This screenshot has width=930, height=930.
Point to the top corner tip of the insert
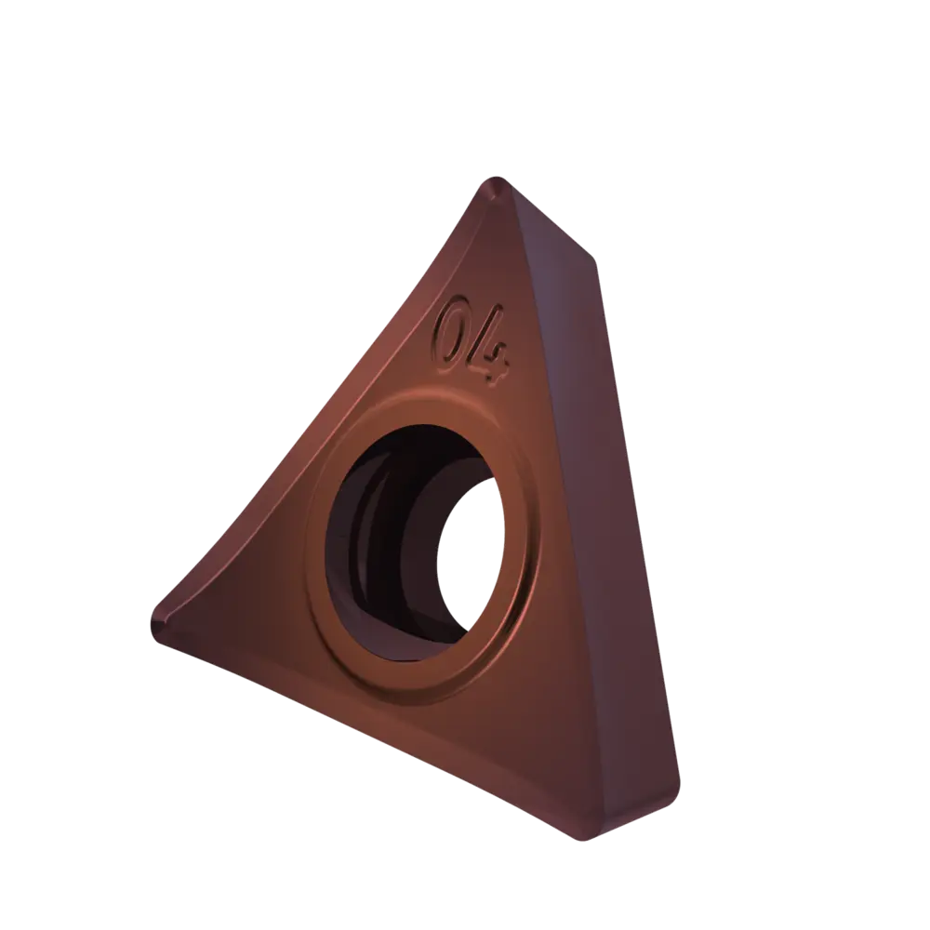pos(497,178)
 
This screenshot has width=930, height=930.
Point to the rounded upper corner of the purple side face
pos(590,257)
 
